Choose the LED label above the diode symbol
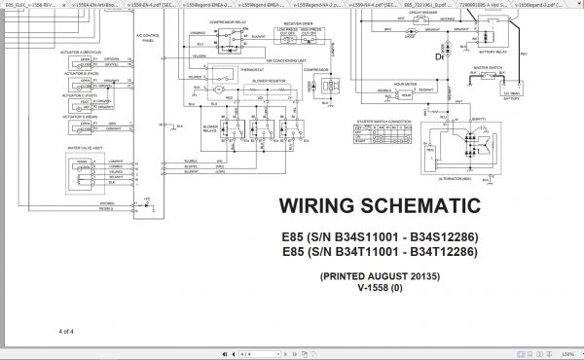pyautogui.click(x=145, y=196)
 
